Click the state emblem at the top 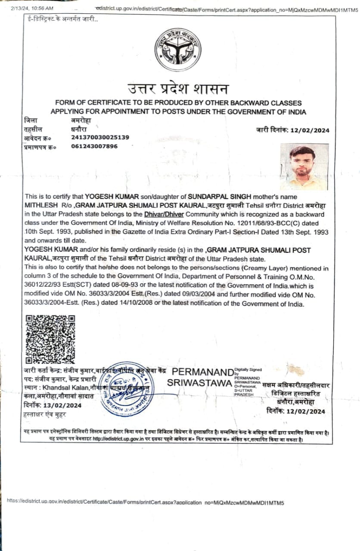pos(178,50)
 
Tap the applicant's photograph pos(304,167)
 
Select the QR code pos(50,339)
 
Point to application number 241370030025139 pos(100,137)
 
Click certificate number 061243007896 pos(94,146)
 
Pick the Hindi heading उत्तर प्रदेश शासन pos(178,89)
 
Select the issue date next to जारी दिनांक pos(309,130)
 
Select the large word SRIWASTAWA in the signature pos(199,383)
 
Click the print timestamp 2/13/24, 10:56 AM pos(32,8)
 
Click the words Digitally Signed pos(248,370)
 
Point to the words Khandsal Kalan pos(65,388)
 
